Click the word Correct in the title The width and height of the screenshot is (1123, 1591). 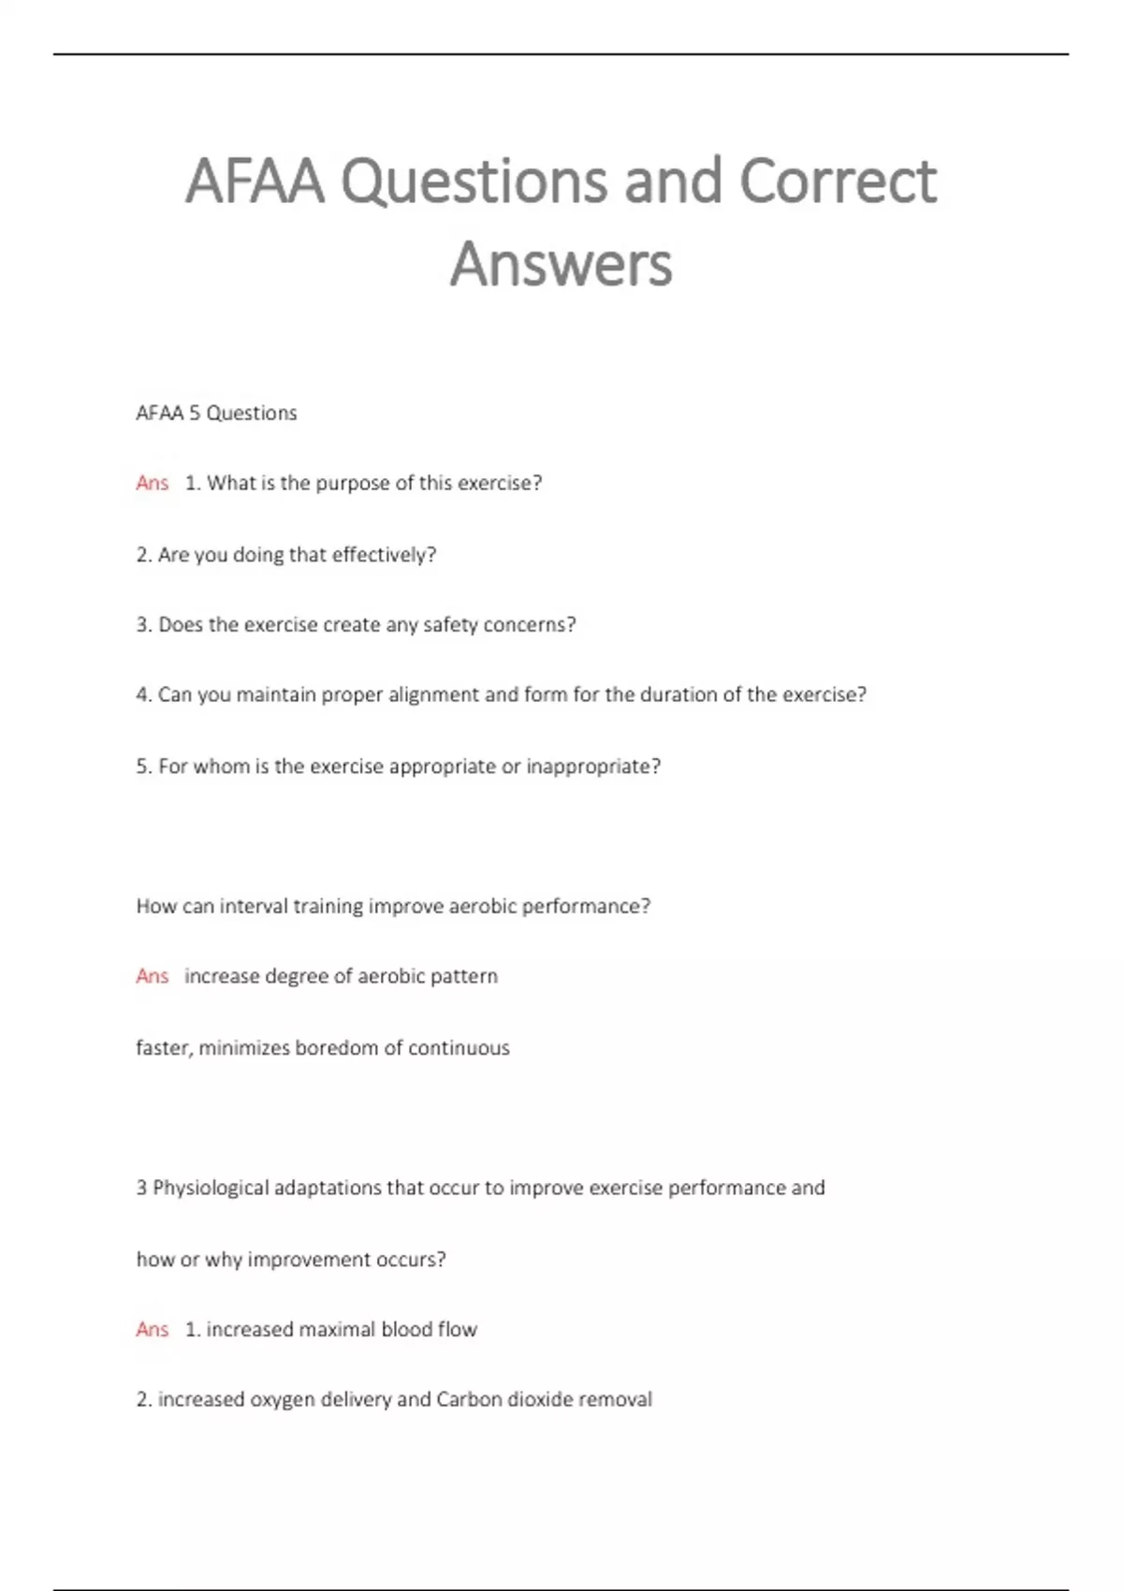[x=838, y=181]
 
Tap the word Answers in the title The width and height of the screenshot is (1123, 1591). [x=561, y=265]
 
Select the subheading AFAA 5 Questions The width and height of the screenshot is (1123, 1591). [x=216, y=414]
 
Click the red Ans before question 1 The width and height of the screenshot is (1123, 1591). [x=152, y=483]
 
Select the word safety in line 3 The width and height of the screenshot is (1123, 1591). [x=452, y=625]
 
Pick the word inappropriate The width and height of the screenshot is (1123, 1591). [x=593, y=766]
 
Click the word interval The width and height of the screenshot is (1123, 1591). [x=254, y=906]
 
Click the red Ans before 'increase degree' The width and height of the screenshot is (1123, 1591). [x=152, y=976]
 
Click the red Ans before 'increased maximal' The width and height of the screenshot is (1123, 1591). [x=152, y=1329]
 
